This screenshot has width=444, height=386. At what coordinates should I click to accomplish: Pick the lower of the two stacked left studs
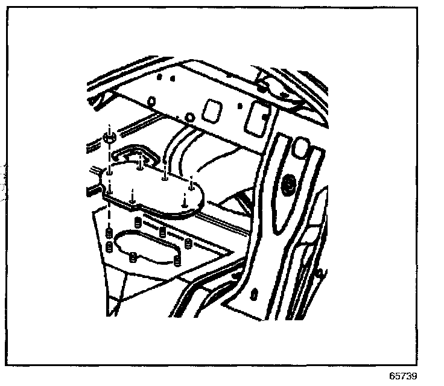pyautogui.click(x=109, y=246)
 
